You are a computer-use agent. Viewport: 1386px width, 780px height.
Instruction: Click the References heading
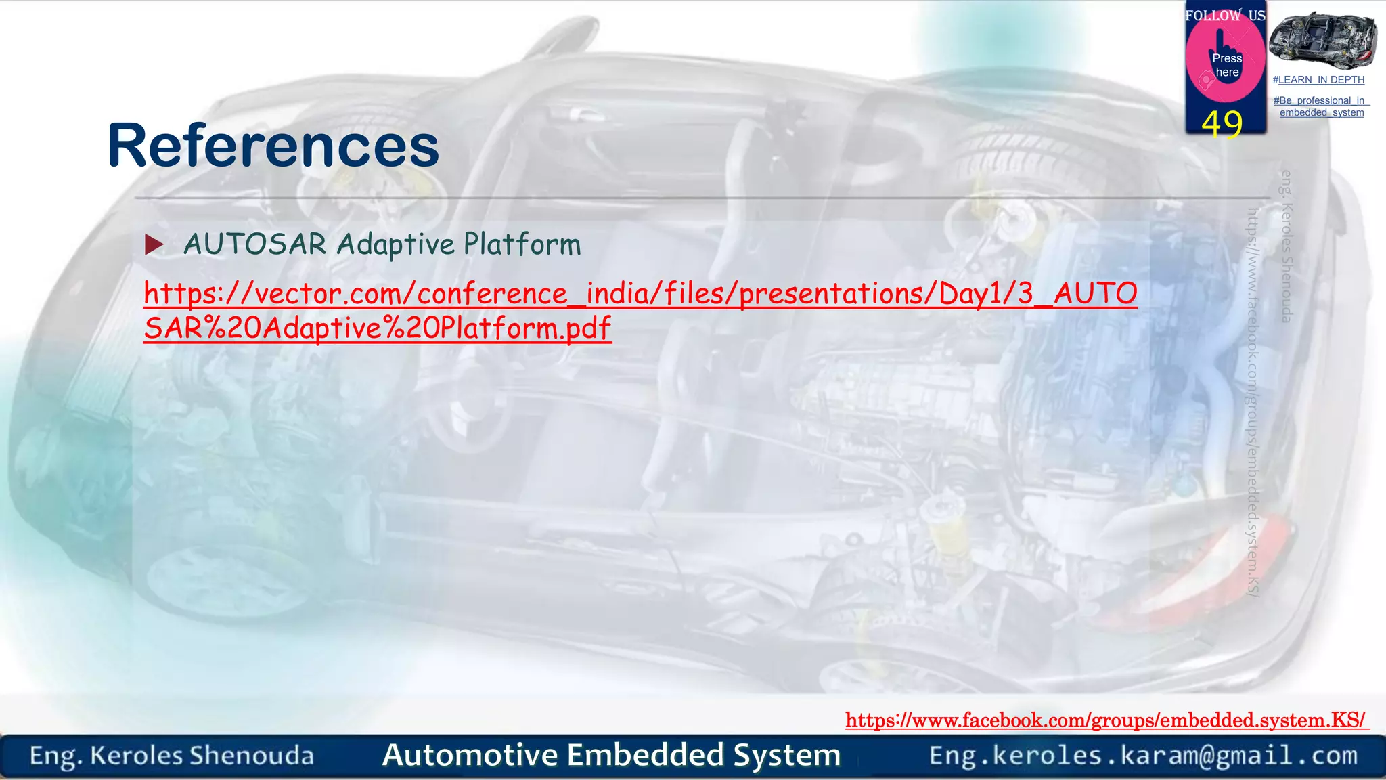(x=273, y=146)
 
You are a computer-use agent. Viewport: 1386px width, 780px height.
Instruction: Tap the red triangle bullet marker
(x=154, y=244)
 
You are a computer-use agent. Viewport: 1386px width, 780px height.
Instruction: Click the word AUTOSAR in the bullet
(x=255, y=244)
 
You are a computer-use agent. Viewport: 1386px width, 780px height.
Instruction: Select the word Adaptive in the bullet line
(x=396, y=244)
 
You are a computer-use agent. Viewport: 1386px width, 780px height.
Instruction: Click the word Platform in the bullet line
(x=522, y=244)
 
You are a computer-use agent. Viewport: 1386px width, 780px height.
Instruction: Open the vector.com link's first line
(x=640, y=294)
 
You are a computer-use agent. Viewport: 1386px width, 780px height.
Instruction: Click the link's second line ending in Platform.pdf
(x=378, y=328)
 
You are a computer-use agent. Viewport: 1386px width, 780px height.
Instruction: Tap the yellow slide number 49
(x=1222, y=125)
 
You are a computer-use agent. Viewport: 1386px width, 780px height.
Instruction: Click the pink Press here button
(x=1226, y=65)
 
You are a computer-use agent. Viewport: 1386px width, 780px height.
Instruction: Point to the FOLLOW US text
(x=1225, y=15)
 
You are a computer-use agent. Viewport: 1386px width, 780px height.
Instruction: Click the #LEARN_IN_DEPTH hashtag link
(x=1318, y=80)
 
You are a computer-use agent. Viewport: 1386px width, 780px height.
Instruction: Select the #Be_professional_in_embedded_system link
(x=1321, y=106)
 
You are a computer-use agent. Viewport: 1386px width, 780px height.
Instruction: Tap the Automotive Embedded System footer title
(x=611, y=755)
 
